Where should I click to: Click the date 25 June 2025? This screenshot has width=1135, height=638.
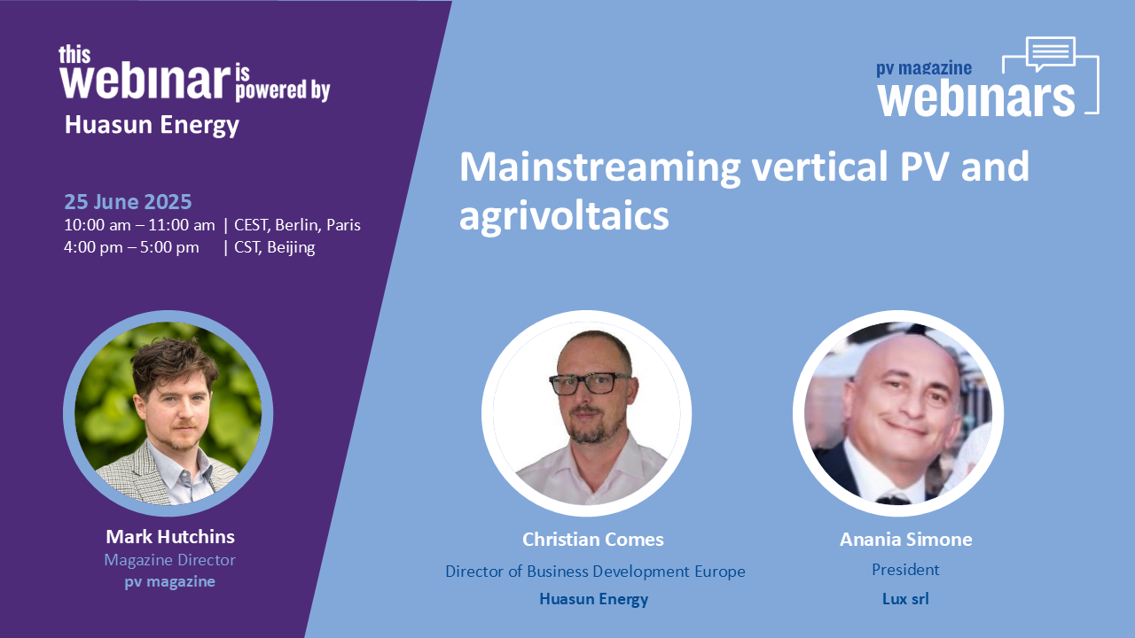pos(128,201)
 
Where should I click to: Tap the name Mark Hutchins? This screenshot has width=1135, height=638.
pos(170,537)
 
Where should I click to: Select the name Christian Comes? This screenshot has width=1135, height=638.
pos(593,540)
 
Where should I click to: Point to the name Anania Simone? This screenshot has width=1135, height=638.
pos(906,540)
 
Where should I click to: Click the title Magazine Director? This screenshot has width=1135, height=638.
pos(169,560)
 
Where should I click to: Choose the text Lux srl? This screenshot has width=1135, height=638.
pos(905,599)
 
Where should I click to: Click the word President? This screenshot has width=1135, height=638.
pos(905,570)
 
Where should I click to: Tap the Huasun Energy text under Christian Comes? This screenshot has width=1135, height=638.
pos(593,600)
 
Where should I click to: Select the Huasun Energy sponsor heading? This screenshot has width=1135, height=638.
pos(152,125)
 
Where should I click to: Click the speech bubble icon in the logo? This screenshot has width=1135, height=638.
pos(1051,53)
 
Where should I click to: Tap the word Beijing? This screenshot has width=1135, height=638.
pos(291,247)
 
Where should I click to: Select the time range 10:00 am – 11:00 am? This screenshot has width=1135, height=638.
pos(139,225)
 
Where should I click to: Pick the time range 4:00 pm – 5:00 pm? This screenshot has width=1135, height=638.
pos(131,247)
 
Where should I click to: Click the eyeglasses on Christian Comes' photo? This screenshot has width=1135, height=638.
pos(591,383)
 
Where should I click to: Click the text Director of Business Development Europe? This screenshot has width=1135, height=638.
pos(595,572)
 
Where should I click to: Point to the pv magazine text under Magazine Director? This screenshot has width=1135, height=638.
pos(169,582)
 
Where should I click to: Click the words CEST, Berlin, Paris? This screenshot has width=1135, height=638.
pos(297,225)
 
